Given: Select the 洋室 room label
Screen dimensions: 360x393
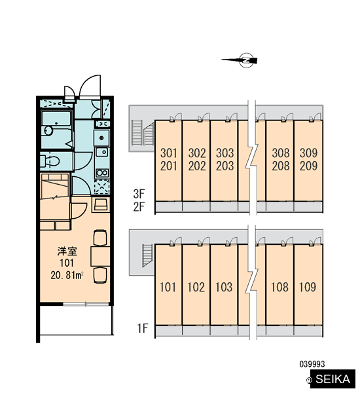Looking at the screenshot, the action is pos(67,251).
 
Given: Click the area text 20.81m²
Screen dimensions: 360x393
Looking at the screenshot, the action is pos(67,276).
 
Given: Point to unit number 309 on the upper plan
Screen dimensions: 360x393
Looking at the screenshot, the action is pos(308,153).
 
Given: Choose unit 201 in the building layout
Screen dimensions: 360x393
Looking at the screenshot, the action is pos(169,166).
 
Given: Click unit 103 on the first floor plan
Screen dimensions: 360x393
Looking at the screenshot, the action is pos(224,287).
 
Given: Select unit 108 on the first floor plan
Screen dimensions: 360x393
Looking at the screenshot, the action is pos(279,287).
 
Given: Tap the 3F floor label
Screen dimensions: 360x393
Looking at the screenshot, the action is pos(139,193).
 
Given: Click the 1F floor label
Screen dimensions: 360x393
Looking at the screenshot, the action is pos(143,328).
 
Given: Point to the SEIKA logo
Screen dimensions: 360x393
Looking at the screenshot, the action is pos(333,379).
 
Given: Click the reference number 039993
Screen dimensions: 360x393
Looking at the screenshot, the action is pos(312,364).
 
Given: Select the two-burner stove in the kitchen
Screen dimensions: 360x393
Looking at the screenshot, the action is pos(102,173).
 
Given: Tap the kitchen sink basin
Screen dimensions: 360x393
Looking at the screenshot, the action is pos(101,152).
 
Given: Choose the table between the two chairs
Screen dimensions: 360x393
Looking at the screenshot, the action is pos(100,256).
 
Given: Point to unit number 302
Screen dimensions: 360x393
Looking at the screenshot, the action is pos(197,153).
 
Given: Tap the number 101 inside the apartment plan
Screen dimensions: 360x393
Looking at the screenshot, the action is pos(67,263).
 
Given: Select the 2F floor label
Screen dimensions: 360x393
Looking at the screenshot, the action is pos(139,207).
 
